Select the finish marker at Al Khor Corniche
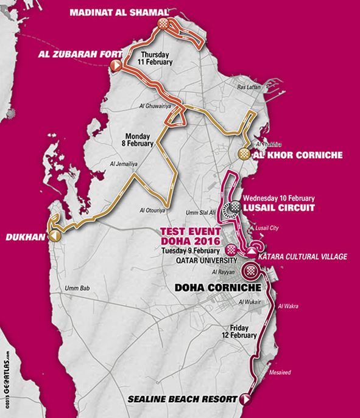coord(243,153)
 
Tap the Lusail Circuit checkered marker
coord(235,207)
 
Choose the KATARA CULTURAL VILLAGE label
coord(305,257)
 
